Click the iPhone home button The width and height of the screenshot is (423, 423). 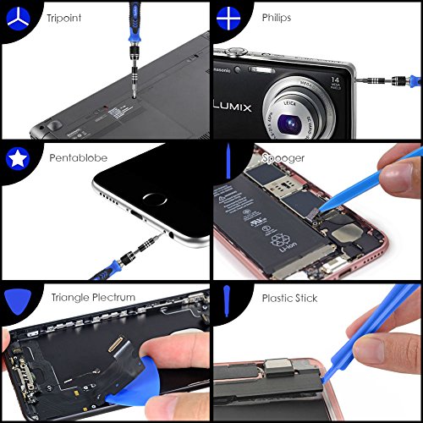(157, 201)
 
